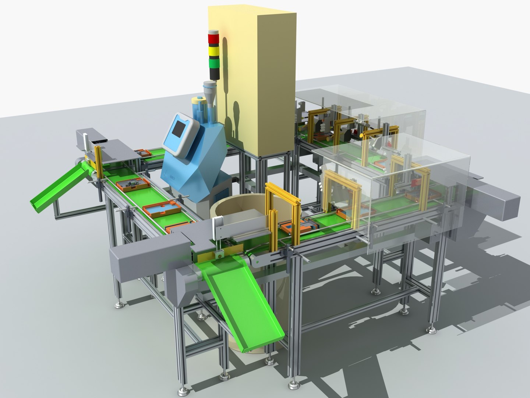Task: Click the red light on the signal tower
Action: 213,38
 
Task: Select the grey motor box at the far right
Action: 497,203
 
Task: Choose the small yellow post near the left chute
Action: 98,162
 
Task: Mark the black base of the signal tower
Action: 213,74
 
